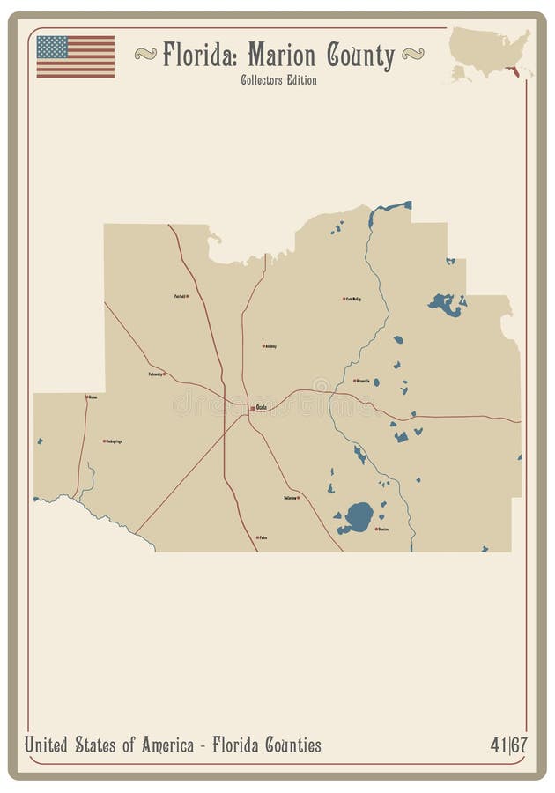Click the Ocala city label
[261, 407]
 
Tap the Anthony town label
[270, 346]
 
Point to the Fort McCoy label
[353, 299]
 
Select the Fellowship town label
[156, 374]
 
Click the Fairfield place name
[180, 296]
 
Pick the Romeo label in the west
[92, 397]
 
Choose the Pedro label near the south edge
[263, 537]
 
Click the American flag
[75, 56]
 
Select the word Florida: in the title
[200, 56]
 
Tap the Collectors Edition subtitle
[277, 80]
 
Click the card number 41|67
[508, 745]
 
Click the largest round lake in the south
[359, 515]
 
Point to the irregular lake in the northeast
[446, 304]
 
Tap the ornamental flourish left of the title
[145, 55]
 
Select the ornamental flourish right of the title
[412, 55]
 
